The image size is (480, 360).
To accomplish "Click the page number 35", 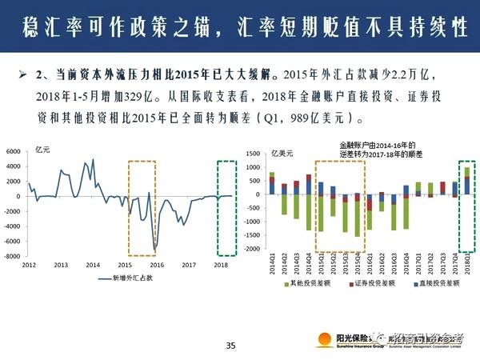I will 231,346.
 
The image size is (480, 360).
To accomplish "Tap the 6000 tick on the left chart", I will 14,152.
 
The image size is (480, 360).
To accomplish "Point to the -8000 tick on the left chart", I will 13,256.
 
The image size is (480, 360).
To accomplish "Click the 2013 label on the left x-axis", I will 61,264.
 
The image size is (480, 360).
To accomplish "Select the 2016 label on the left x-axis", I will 157,264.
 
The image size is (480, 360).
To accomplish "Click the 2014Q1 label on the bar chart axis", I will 272,264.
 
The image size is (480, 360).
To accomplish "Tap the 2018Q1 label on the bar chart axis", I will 467,264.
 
